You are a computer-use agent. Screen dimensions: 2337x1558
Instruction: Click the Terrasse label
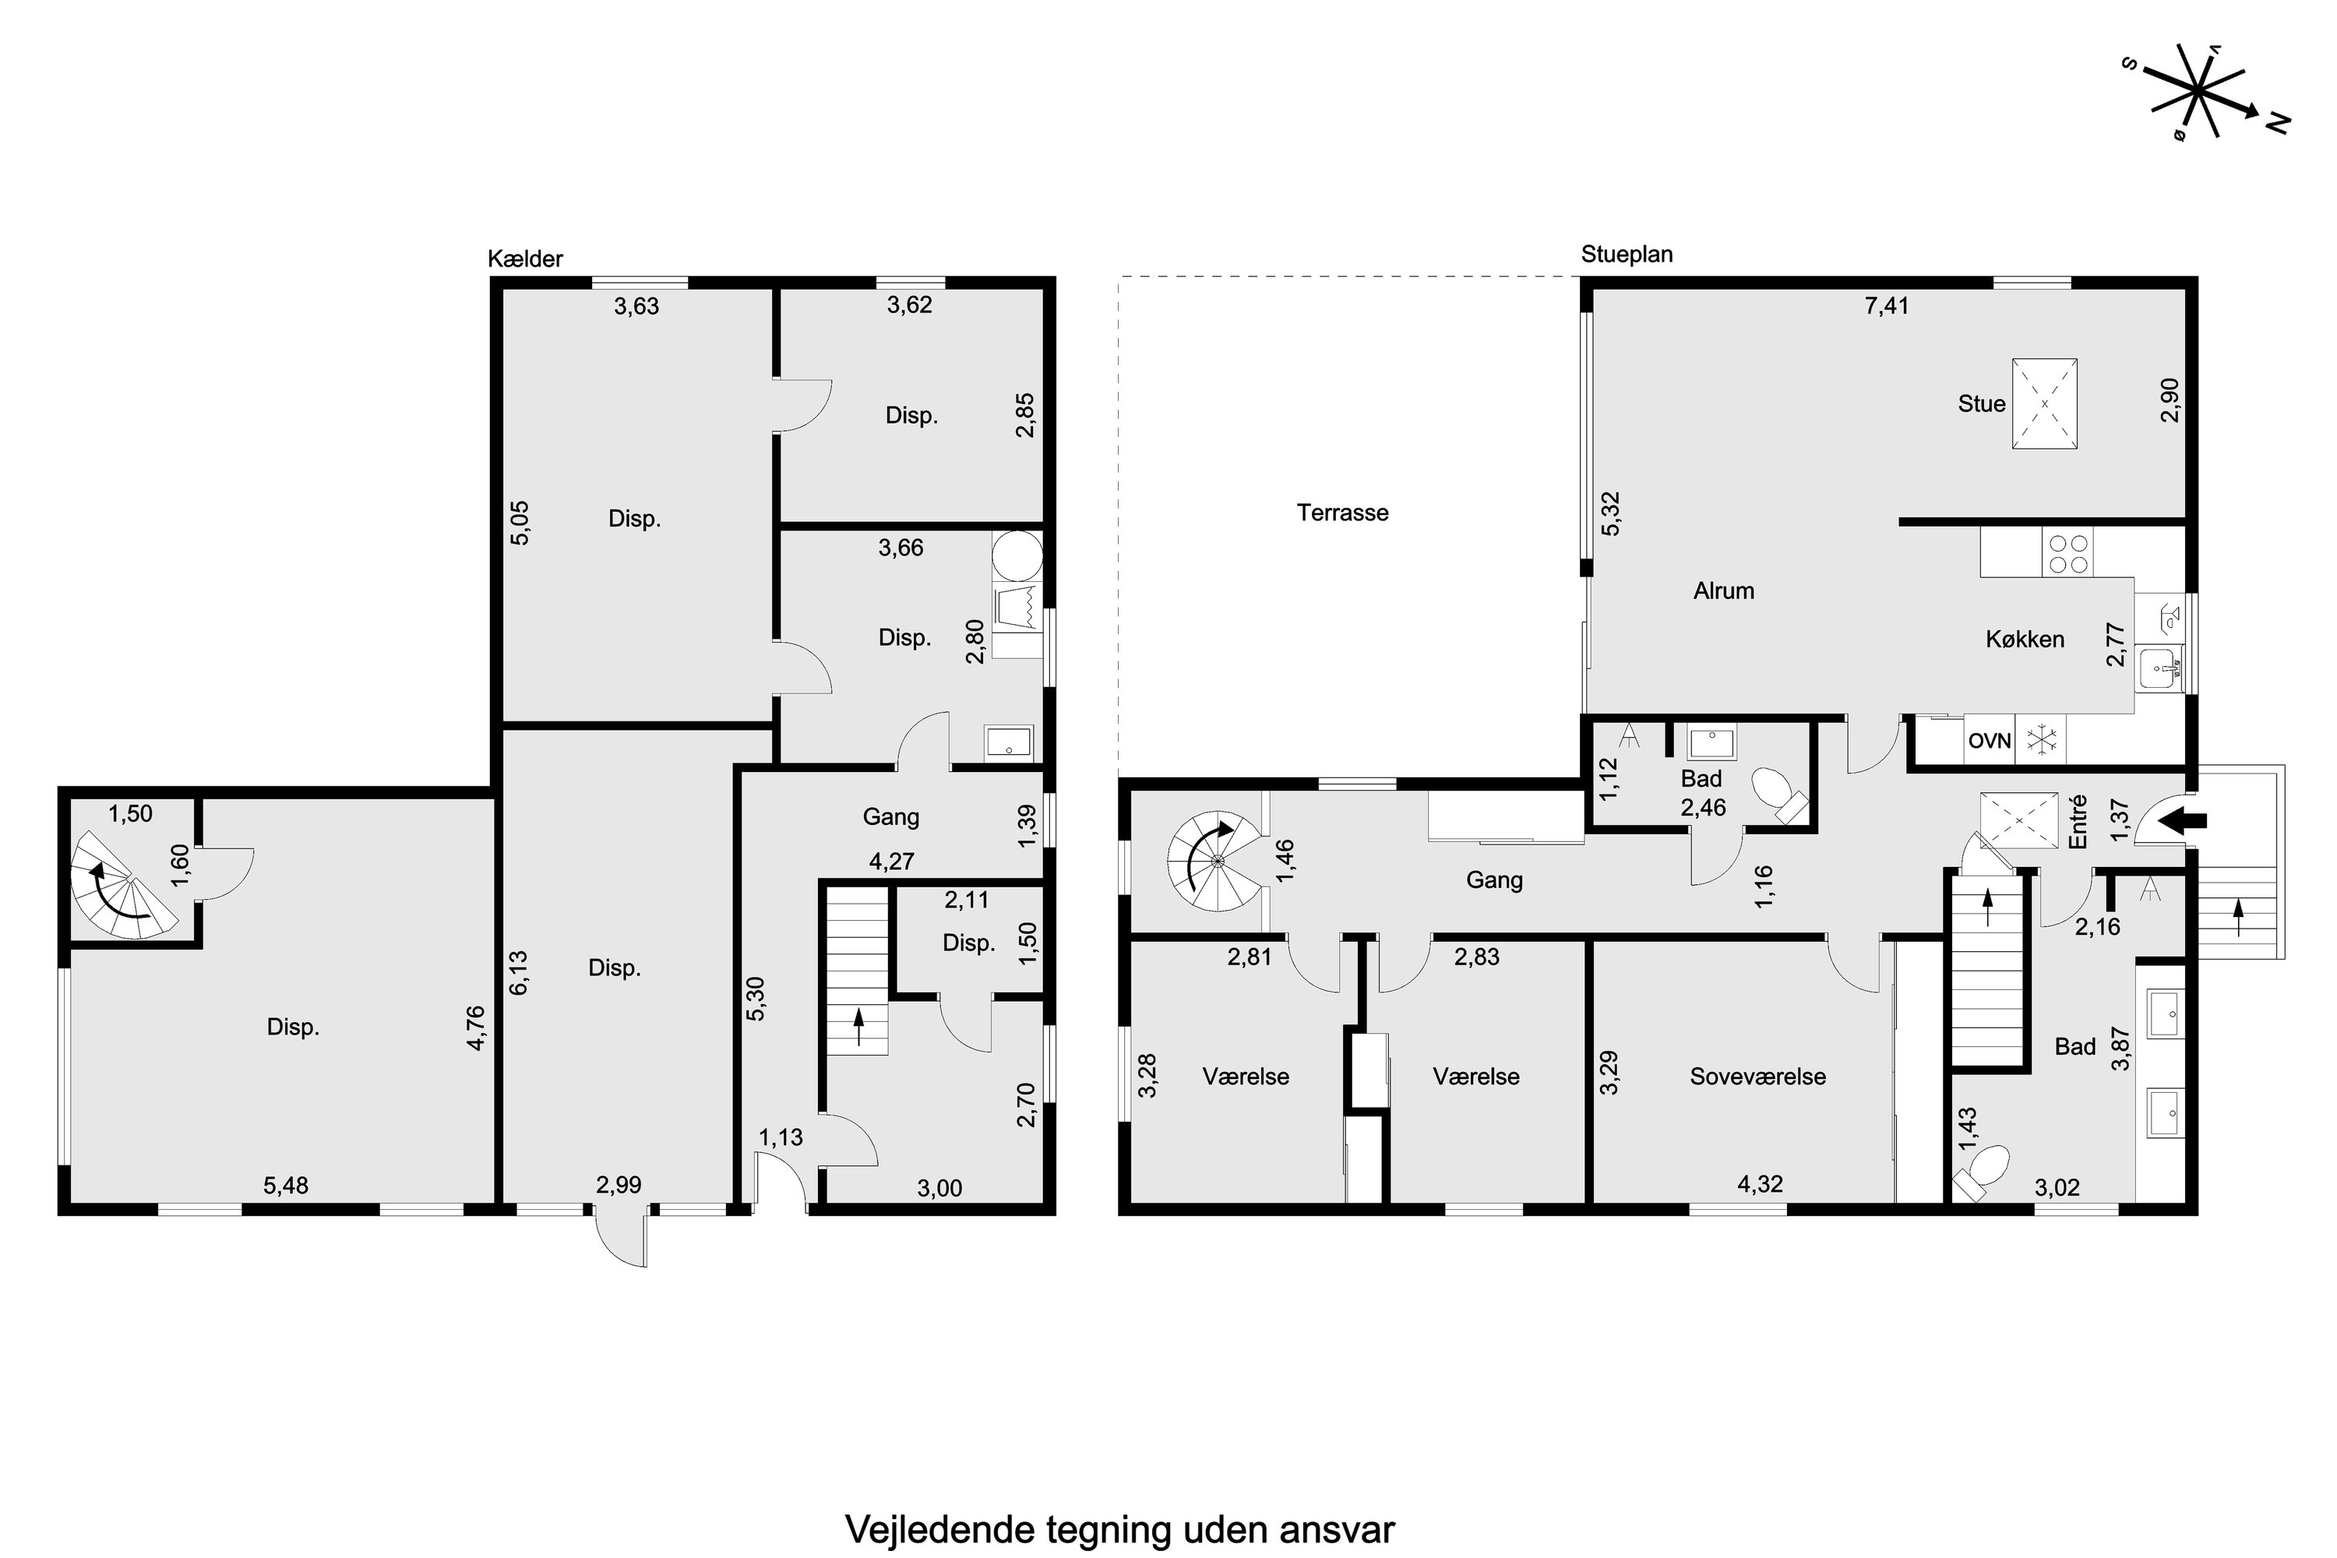coord(1341,513)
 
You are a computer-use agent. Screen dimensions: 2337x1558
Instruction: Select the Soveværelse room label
coord(1757,1076)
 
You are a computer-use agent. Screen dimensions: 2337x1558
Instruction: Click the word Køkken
coord(2025,639)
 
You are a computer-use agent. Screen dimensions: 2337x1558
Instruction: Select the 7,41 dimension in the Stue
coord(1886,305)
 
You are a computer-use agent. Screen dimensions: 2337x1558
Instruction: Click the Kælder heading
coord(524,259)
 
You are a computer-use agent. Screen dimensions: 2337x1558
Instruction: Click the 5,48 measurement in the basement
coord(285,1186)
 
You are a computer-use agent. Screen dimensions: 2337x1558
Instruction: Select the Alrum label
coord(1723,591)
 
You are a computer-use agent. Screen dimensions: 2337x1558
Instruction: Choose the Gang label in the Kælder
coord(890,816)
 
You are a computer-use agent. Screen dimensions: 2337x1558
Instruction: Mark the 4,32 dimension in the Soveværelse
coord(1760,1184)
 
